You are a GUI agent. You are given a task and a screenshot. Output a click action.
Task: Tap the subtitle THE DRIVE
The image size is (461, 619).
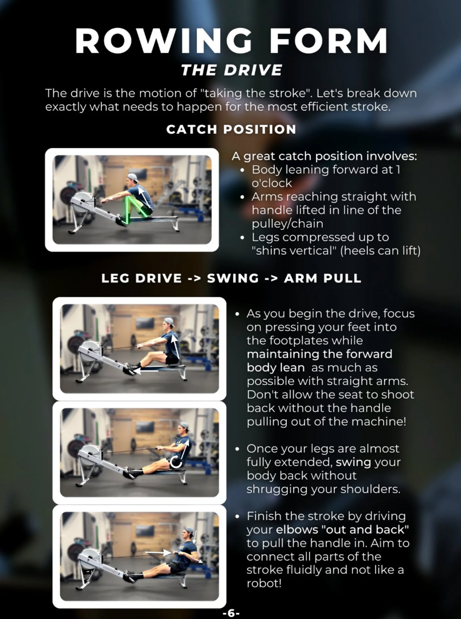click(x=231, y=70)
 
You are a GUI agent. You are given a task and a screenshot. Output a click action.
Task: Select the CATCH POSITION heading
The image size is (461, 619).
click(x=231, y=129)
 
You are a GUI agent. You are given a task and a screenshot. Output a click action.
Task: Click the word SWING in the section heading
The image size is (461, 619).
click(x=233, y=278)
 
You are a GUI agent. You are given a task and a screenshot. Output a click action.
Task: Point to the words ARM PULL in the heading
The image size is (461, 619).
click(x=322, y=278)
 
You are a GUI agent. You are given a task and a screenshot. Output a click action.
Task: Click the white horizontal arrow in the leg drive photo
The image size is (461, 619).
click(x=147, y=371)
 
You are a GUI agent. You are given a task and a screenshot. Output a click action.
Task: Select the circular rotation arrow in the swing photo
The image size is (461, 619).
click(x=176, y=461)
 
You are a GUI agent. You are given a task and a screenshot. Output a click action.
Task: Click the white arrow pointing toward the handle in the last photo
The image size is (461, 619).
click(x=158, y=553)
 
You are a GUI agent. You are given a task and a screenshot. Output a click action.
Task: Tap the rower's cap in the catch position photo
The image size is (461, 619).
click(x=133, y=177)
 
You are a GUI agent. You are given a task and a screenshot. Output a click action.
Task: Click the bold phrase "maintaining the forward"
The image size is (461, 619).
click(x=319, y=354)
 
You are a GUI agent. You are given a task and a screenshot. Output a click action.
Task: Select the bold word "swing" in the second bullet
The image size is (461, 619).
click(x=353, y=462)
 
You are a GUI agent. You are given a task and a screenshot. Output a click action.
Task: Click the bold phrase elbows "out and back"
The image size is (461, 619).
click(x=342, y=530)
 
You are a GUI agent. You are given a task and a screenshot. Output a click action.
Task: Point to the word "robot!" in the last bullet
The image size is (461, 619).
click(x=264, y=583)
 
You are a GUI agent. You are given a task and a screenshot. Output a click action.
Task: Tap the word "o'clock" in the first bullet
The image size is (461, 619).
click(x=272, y=183)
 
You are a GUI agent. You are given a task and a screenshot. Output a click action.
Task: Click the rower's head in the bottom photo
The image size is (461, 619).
click(x=188, y=535)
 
